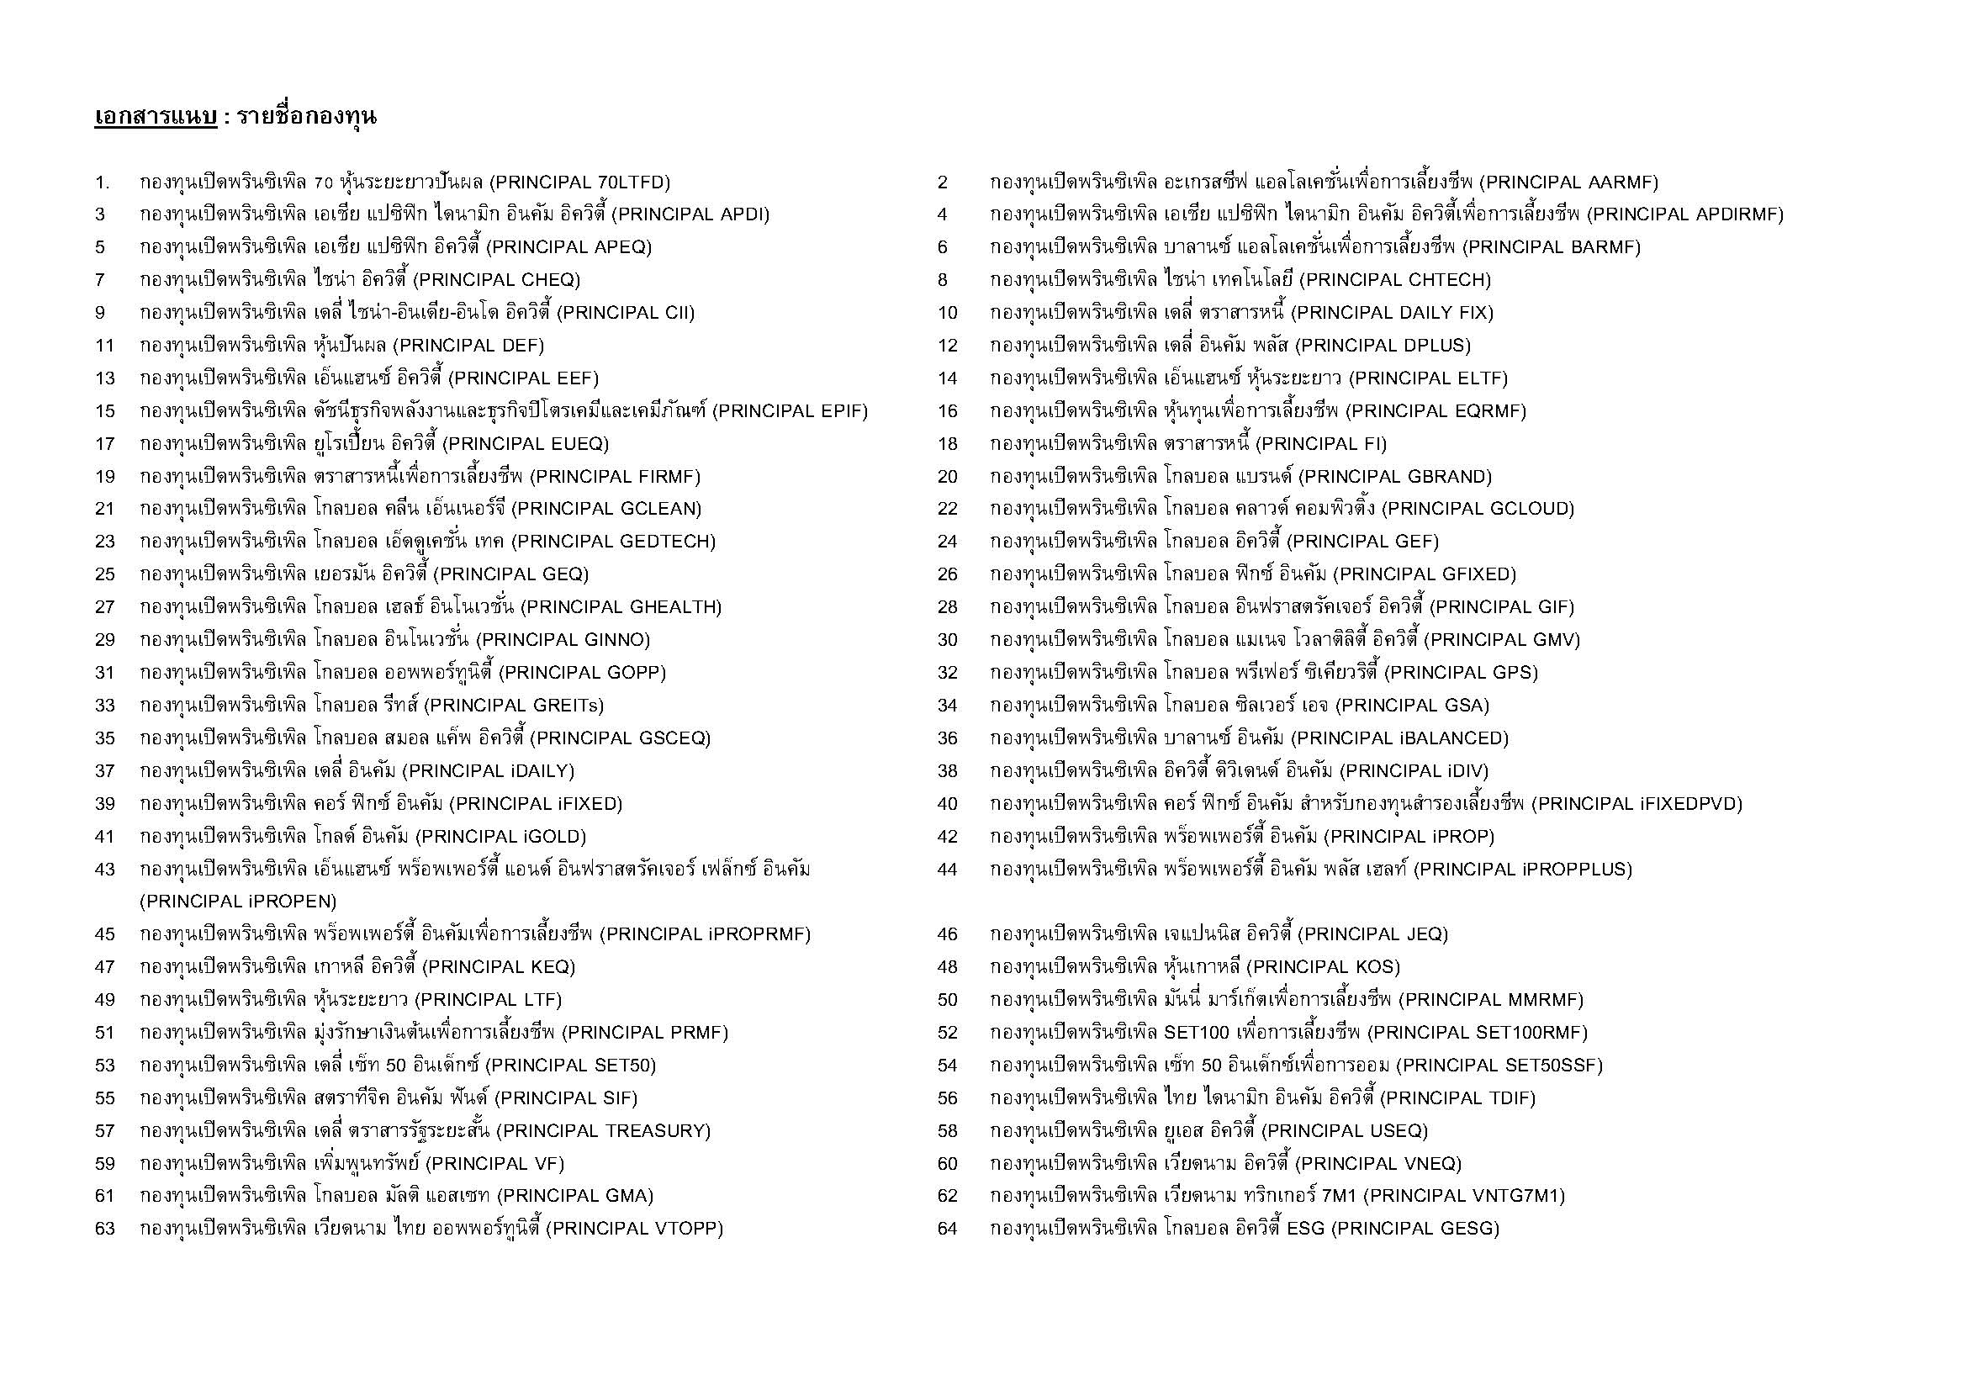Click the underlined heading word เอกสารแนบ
(155, 117)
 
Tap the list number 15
(104, 411)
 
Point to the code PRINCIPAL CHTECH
(1399, 280)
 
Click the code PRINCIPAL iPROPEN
(238, 901)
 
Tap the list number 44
(947, 870)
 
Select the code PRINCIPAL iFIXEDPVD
(1637, 804)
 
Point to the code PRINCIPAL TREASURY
(604, 1130)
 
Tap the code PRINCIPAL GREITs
(514, 706)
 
